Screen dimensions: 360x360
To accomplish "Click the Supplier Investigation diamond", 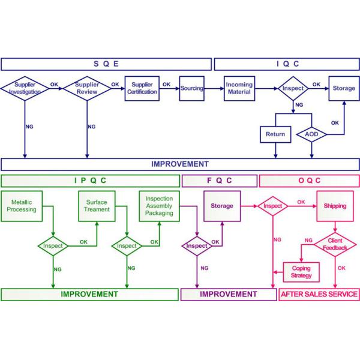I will click(x=25, y=89).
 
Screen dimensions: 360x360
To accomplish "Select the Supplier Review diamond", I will click(x=87, y=89).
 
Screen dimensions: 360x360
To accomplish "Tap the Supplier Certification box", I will click(x=142, y=88).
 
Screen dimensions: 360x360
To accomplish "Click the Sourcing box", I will click(x=192, y=89).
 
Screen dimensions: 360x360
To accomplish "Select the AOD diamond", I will click(x=311, y=134).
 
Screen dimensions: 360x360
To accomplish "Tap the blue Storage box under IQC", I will click(x=344, y=89).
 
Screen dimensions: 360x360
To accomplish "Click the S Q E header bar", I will click(x=106, y=64).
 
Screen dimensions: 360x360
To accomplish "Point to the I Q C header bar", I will click(x=287, y=64).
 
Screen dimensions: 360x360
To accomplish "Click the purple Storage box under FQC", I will click(x=222, y=206).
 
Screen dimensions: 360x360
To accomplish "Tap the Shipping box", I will click(x=335, y=206).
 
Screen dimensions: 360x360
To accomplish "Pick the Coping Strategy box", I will click(x=301, y=272).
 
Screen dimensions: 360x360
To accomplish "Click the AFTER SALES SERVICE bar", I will click(x=319, y=295).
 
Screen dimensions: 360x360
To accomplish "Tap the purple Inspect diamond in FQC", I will click(x=197, y=246).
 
